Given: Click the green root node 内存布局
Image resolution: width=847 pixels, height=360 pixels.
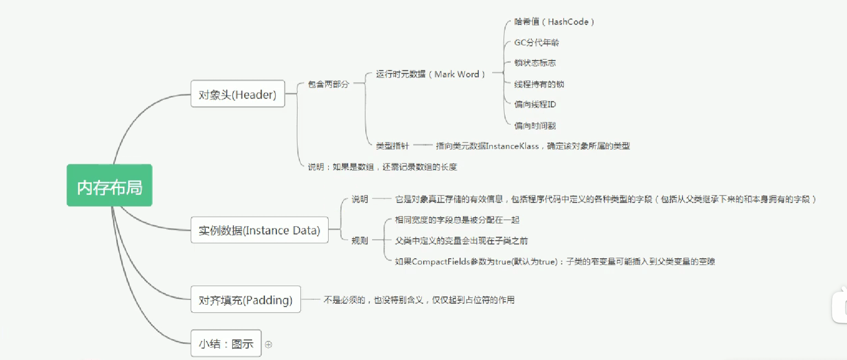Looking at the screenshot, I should pyautogui.click(x=110, y=185).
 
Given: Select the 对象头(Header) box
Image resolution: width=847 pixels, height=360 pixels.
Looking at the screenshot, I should pyautogui.click(x=238, y=94).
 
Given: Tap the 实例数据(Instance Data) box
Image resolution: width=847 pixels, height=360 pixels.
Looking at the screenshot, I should pyautogui.click(x=259, y=230).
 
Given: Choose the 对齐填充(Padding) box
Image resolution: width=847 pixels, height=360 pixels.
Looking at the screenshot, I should pyautogui.click(x=245, y=300).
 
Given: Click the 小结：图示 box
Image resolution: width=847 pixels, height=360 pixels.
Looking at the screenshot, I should pyautogui.click(x=226, y=343).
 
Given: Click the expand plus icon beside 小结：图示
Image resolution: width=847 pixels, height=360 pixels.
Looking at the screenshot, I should pyautogui.click(x=269, y=344).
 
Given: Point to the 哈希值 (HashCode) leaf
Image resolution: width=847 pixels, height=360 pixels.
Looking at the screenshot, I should pyautogui.click(x=554, y=22).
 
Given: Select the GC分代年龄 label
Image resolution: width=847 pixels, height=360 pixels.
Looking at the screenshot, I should pyautogui.click(x=536, y=43).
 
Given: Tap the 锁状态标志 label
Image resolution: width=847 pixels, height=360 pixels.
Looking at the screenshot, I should pyautogui.click(x=535, y=63).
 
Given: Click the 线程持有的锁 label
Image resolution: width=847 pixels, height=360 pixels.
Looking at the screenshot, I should pyautogui.click(x=539, y=84).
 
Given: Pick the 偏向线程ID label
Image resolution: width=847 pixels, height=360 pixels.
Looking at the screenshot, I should pyautogui.click(x=535, y=104).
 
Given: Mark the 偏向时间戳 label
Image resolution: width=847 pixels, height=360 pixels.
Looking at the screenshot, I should pyautogui.click(x=535, y=126).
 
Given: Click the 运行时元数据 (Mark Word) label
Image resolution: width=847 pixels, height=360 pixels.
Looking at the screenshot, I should pyautogui.click(x=430, y=74).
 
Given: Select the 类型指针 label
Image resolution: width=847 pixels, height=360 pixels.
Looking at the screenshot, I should pyautogui.click(x=392, y=146).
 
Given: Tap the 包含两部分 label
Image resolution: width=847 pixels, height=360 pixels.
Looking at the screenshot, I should pyautogui.click(x=328, y=84).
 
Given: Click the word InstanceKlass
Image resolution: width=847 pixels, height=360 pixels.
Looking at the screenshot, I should pyautogui.click(x=512, y=146).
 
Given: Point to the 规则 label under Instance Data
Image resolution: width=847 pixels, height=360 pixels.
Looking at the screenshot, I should pyautogui.click(x=360, y=240).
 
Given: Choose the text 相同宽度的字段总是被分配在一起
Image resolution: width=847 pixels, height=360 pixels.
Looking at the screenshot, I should pyautogui.click(x=457, y=220).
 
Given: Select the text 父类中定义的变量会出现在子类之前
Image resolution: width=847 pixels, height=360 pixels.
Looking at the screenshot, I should pyautogui.click(x=461, y=240).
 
